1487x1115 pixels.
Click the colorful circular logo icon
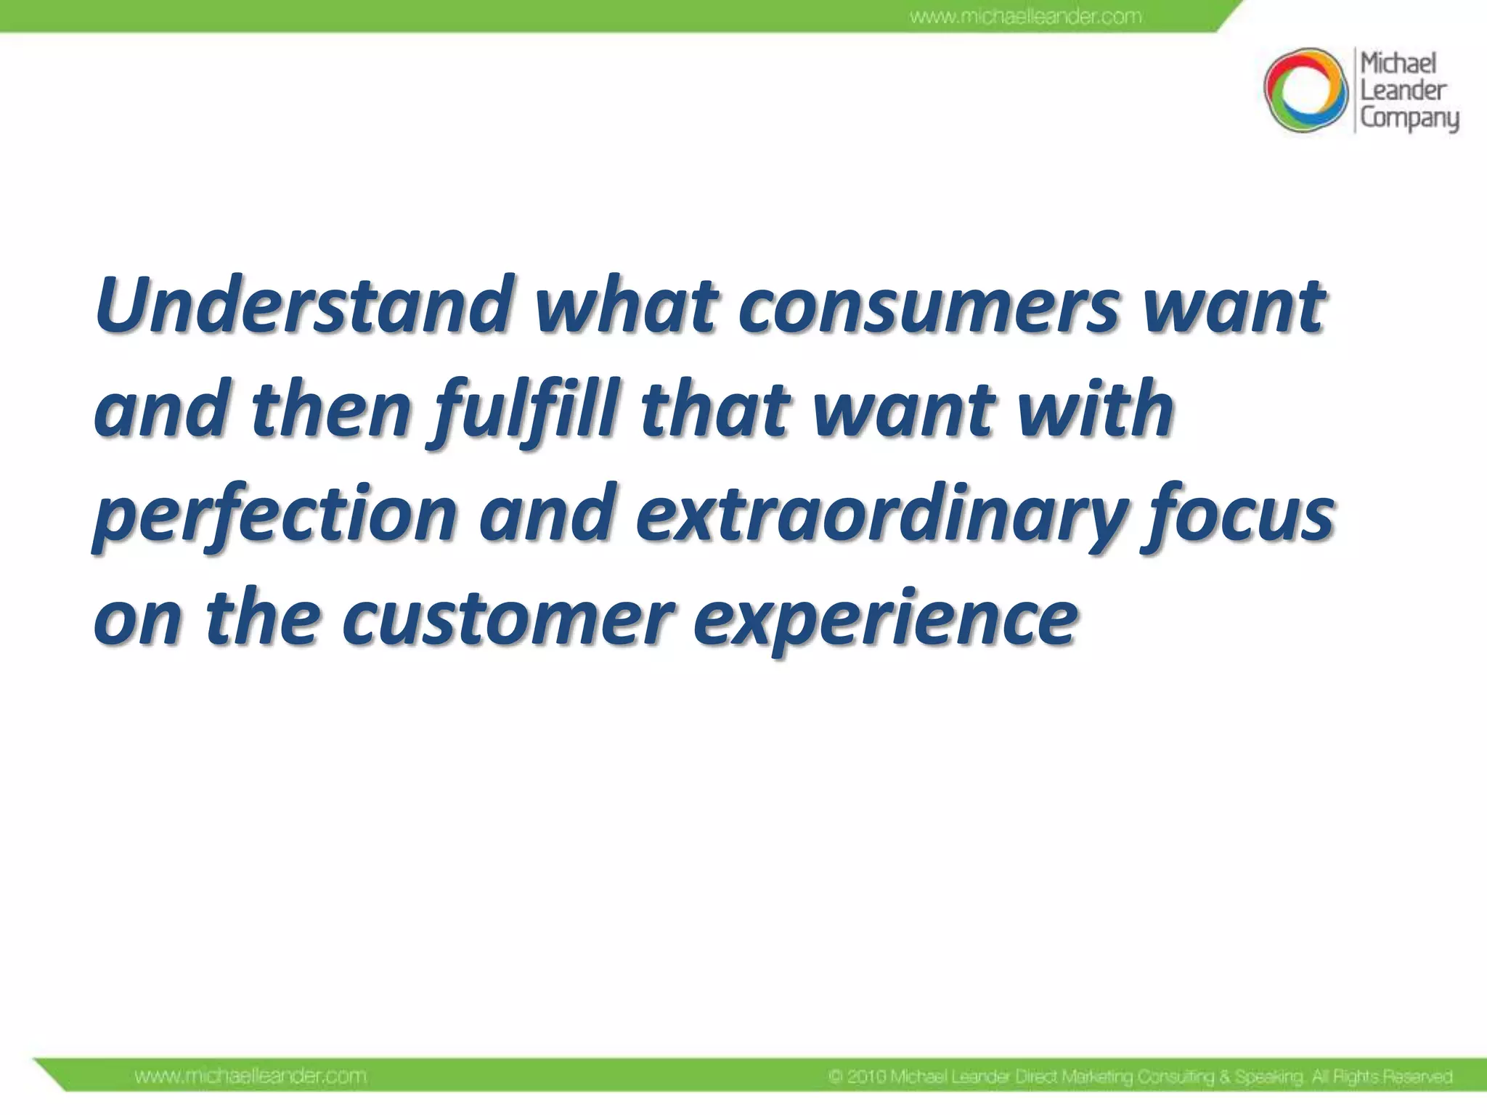pyautogui.click(x=1305, y=91)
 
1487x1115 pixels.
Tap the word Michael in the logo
pyautogui.click(x=1398, y=64)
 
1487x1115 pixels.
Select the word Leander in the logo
pyautogui.click(x=1403, y=91)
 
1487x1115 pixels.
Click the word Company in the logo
pyautogui.click(x=1409, y=118)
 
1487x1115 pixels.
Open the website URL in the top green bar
pyautogui.click(x=1025, y=16)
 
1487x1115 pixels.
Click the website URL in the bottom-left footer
pyautogui.click(x=250, y=1076)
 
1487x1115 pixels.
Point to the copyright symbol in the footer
pyautogui.click(x=836, y=1077)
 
